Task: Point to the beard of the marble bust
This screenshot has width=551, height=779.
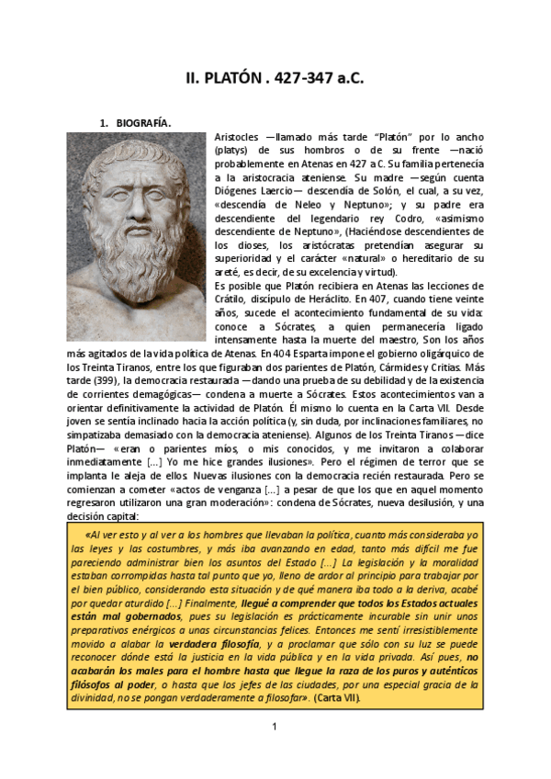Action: [x=138, y=248]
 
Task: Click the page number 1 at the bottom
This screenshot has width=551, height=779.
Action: [x=275, y=728]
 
